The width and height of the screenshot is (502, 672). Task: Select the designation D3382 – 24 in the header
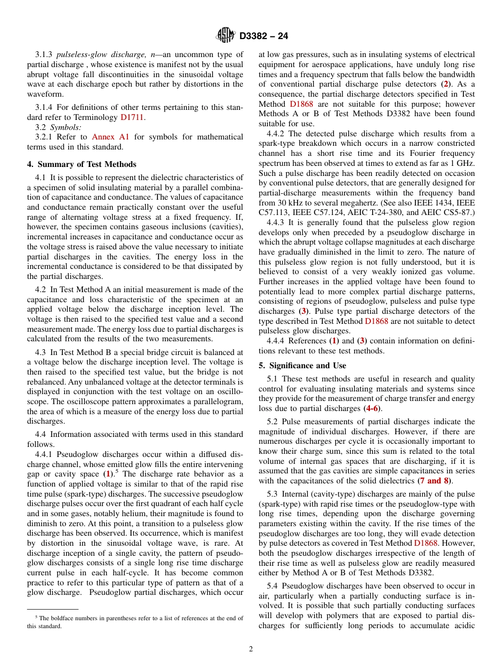(x=263, y=36)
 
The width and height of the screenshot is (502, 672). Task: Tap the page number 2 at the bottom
(x=251, y=649)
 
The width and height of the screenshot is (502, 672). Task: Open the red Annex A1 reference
(x=110, y=137)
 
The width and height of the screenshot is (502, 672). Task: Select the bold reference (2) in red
(x=446, y=84)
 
